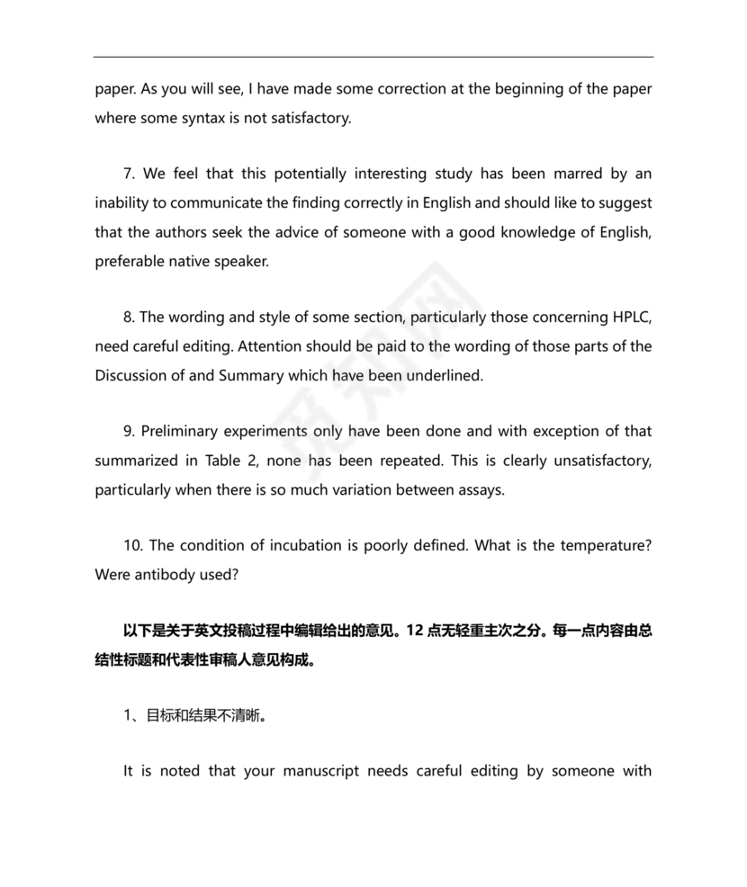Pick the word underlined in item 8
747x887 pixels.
pyautogui.click(x=443, y=375)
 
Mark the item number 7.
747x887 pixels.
pyautogui.click(x=129, y=174)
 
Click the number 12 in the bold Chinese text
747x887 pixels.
pyautogui.click(x=416, y=631)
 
